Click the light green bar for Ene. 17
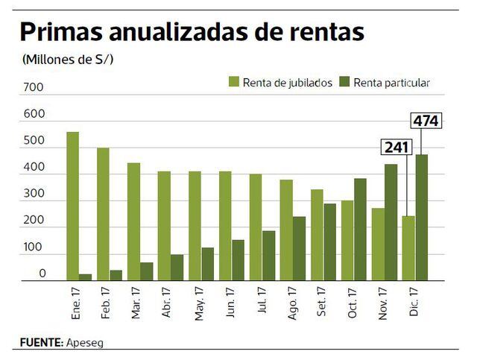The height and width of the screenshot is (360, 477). pos(72,206)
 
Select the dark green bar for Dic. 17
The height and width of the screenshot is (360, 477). pos(421,218)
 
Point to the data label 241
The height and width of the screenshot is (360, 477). pos(397,147)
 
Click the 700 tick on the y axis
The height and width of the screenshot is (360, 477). pos(34,88)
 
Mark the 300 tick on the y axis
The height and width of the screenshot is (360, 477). pos(34,195)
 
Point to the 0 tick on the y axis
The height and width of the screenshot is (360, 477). pos(42,274)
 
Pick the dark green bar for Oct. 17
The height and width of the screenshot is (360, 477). pos(360,230)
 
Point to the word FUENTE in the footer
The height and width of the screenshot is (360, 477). pos(40,343)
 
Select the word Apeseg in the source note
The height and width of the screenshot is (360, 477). pos(88,343)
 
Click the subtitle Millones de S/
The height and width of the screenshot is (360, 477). pos(73,60)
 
